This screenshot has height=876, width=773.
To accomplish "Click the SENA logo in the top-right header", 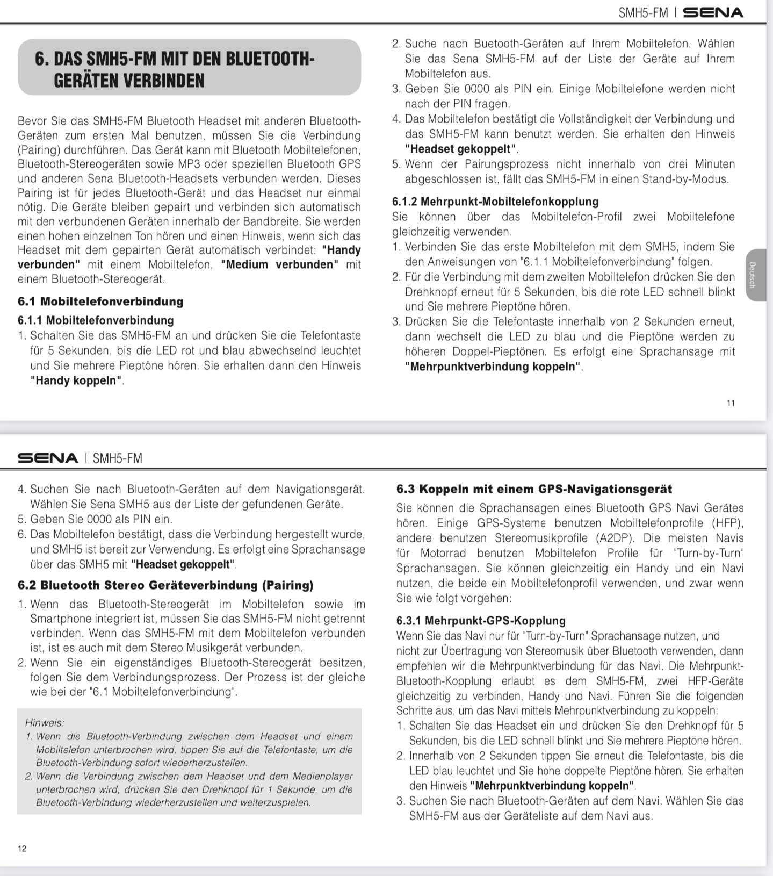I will pyautogui.click(x=713, y=12).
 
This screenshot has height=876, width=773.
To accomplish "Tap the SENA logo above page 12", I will pyautogui.click(x=48, y=458).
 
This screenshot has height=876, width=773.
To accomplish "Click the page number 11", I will pyautogui.click(x=731, y=403).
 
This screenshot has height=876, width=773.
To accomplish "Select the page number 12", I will pyautogui.click(x=22, y=849).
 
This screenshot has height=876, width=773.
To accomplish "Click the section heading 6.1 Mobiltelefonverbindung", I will pyautogui.click(x=100, y=301).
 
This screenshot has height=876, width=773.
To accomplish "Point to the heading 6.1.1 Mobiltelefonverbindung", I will pyautogui.click(x=96, y=320).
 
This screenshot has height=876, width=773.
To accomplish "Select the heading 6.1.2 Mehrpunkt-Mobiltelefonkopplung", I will pyautogui.click(x=495, y=202).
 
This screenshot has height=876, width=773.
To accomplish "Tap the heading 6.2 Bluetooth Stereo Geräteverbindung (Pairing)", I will pyautogui.click(x=165, y=585).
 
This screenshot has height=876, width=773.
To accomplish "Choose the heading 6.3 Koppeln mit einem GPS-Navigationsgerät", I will pyautogui.click(x=534, y=489).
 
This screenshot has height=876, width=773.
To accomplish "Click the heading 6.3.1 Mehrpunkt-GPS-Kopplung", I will pyautogui.click(x=481, y=621).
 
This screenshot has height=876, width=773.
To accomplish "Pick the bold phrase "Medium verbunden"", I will pyautogui.click(x=279, y=264).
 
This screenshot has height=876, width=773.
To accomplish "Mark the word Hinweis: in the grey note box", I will pyautogui.click(x=45, y=723).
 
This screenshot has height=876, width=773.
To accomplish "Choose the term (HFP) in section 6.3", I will pyautogui.click(x=728, y=523).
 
